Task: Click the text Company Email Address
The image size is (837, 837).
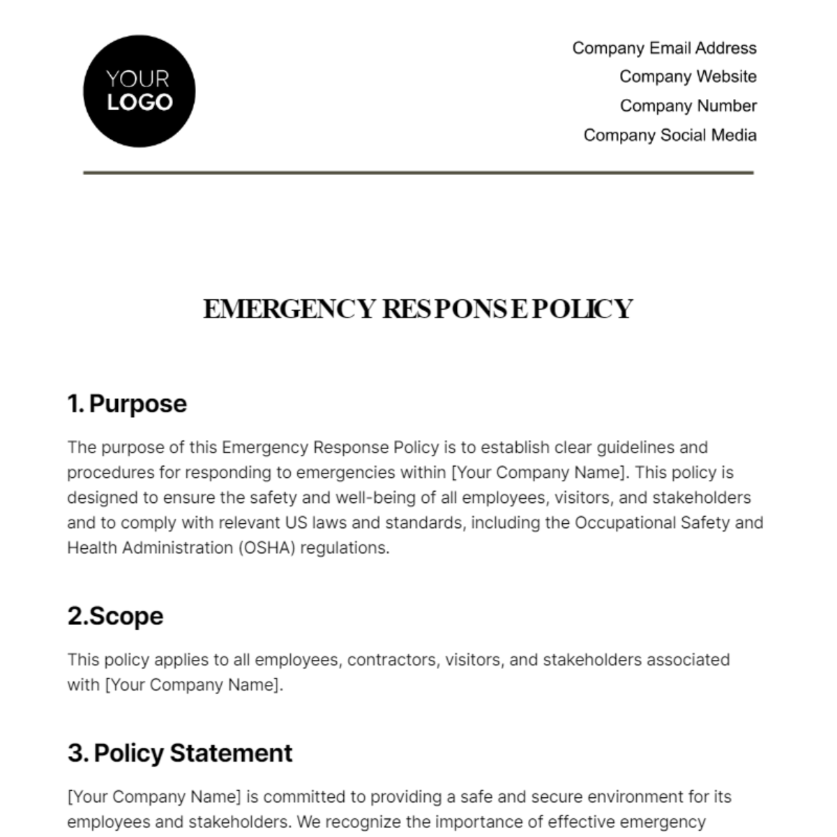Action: (x=664, y=48)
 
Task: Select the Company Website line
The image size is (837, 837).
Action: (x=688, y=77)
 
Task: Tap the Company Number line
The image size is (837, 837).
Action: (x=688, y=106)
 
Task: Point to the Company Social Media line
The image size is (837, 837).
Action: (x=670, y=135)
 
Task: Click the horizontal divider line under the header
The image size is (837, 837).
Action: (x=418, y=172)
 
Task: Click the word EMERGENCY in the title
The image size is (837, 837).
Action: (x=289, y=309)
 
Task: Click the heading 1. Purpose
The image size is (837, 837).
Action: (x=127, y=404)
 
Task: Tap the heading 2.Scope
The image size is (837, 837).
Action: (x=115, y=616)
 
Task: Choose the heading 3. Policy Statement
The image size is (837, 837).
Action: (x=180, y=753)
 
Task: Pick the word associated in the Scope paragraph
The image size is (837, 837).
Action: (x=688, y=660)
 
